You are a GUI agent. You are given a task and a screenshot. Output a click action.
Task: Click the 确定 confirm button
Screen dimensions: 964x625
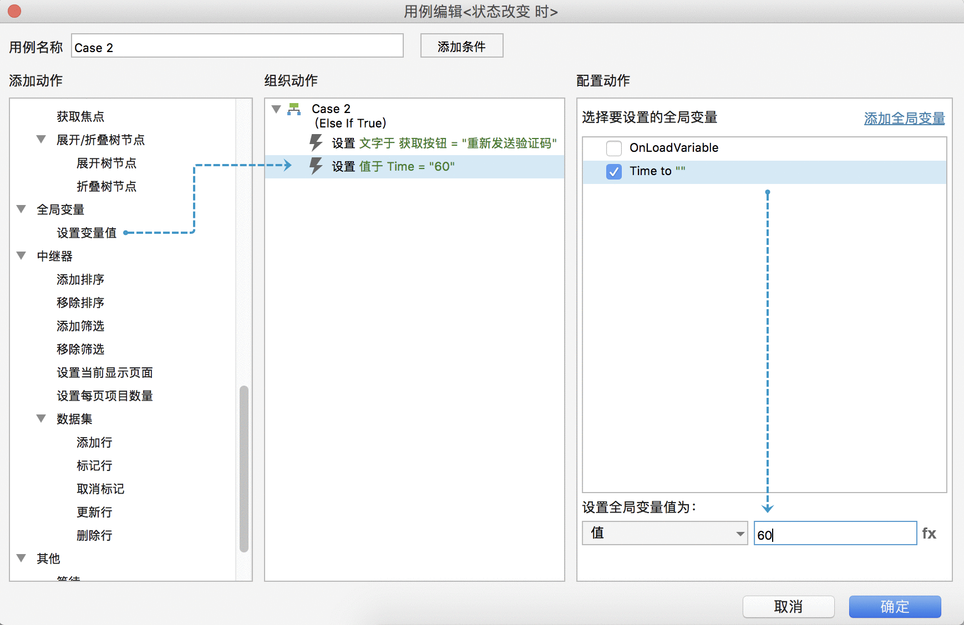pyautogui.click(x=895, y=607)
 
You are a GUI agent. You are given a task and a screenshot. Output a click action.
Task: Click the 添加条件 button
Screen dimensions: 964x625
pyautogui.click(x=461, y=46)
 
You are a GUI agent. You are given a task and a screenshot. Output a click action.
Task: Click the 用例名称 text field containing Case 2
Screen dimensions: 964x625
pyautogui.click(x=237, y=46)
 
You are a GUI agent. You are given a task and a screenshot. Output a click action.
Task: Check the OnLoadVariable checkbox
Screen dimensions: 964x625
pyautogui.click(x=614, y=148)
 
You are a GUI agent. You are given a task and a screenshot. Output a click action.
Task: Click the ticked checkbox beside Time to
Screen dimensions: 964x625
pyautogui.click(x=614, y=172)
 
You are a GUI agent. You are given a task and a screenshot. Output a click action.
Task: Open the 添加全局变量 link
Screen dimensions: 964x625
pyautogui.click(x=904, y=119)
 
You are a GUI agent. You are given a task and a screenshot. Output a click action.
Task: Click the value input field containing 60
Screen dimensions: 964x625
pyautogui.click(x=835, y=533)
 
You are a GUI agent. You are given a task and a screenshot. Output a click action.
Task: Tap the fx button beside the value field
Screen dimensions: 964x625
pyautogui.click(x=929, y=534)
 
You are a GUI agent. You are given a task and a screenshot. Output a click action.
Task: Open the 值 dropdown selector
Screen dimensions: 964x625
pyautogui.click(x=664, y=533)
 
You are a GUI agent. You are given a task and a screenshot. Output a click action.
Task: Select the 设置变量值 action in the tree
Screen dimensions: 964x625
pyautogui.click(x=87, y=233)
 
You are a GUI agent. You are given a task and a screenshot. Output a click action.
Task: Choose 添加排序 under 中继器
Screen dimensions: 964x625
pyautogui.click(x=80, y=279)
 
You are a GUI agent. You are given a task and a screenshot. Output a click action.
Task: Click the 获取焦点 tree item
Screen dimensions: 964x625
pyautogui.click(x=80, y=116)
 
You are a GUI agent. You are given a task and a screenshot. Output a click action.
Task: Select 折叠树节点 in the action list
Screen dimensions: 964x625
pyautogui.click(x=106, y=186)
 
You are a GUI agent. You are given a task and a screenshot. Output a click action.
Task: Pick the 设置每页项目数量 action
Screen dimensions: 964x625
pyautogui.click(x=105, y=396)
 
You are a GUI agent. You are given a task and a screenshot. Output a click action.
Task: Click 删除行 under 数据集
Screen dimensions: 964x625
pyautogui.click(x=94, y=535)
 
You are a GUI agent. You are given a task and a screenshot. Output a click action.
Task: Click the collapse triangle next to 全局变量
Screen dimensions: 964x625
pyautogui.click(x=22, y=209)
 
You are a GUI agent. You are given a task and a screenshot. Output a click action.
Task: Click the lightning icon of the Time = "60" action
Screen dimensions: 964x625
pyautogui.click(x=316, y=166)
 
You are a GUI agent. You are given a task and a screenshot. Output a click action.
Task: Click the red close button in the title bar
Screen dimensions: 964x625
pyautogui.click(x=14, y=11)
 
